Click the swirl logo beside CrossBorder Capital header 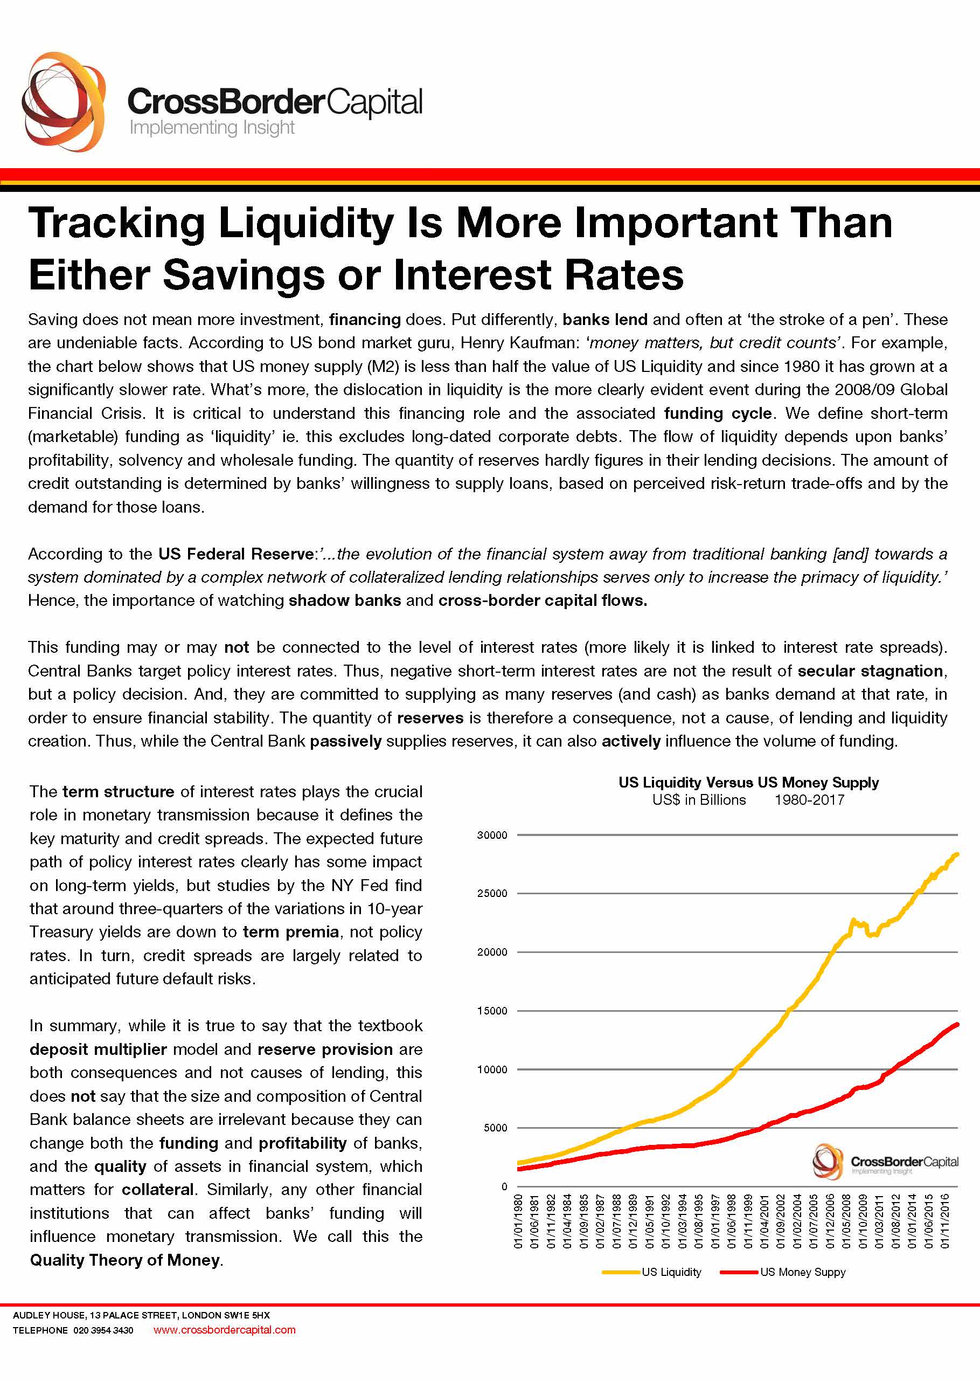pyautogui.click(x=64, y=101)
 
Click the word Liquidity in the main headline pyautogui.click(x=307, y=224)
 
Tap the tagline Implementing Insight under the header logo pyautogui.click(x=212, y=127)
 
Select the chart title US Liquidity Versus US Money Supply pyautogui.click(x=748, y=782)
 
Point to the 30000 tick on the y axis pyautogui.click(x=492, y=835)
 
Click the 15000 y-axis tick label pyautogui.click(x=492, y=1011)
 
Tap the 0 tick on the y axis pyautogui.click(x=504, y=1186)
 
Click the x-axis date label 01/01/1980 pyautogui.click(x=518, y=1221)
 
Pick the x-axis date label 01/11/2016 pyautogui.click(x=945, y=1221)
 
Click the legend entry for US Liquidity pyautogui.click(x=652, y=1272)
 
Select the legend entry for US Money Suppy pyautogui.click(x=783, y=1272)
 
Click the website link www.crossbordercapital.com pyautogui.click(x=225, y=1330)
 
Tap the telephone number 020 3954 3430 pyautogui.click(x=103, y=1330)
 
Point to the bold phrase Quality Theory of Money pyautogui.click(x=125, y=1260)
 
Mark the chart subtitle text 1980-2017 pyautogui.click(x=809, y=800)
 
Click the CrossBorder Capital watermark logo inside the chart pyautogui.click(x=885, y=1161)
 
